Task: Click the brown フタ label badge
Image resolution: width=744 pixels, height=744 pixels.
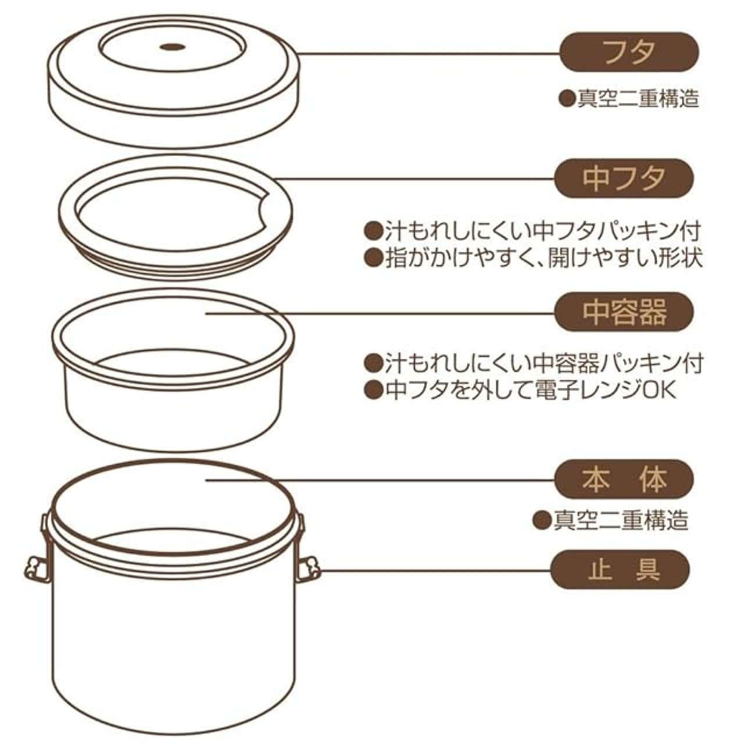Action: (x=629, y=52)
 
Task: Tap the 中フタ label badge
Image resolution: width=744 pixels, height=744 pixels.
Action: (x=624, y=178)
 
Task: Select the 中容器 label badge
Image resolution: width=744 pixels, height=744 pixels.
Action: (x=624, y=312)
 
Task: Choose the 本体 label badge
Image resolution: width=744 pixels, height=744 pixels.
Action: (x=624, y=480)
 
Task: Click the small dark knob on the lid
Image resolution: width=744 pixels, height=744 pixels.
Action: (x=172, y=47)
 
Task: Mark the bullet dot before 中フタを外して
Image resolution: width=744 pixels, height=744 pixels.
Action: (x=373, y=390)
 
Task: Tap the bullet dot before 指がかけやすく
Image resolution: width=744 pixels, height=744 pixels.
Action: (x=373, y=258)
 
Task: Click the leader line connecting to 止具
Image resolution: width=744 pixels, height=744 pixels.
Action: (x=435, y=570)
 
